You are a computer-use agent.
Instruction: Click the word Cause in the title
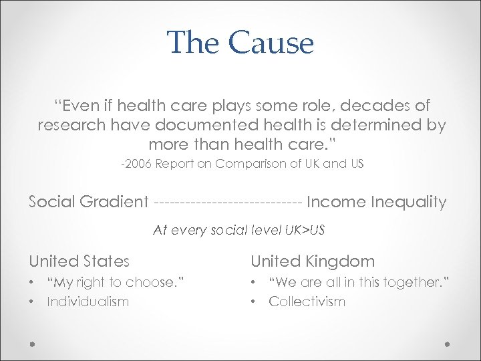271,43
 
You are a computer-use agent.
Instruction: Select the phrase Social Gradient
88,202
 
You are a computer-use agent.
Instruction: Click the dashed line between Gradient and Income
228,202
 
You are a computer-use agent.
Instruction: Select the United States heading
79,261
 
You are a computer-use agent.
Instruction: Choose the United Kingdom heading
313,261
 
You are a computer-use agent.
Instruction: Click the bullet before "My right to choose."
32,283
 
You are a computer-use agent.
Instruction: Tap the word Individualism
88,302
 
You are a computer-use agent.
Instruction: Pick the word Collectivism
307,302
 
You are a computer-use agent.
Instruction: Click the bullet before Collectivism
254,302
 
